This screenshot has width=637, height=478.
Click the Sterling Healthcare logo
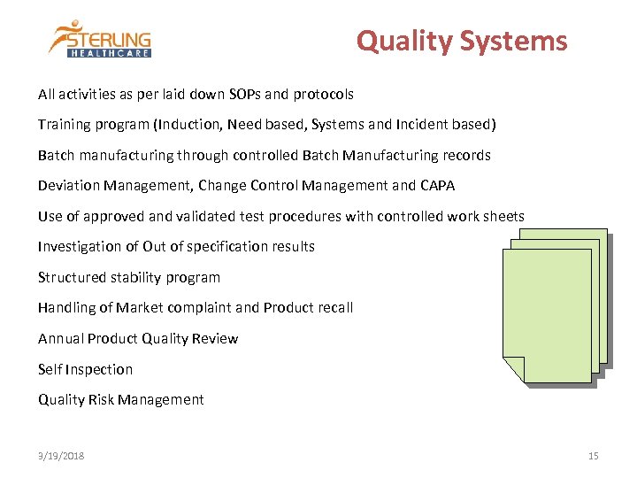(x=100, y=39)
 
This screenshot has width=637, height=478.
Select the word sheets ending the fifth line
(x=503, y=216)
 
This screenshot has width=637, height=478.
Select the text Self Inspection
(x=85, y=369)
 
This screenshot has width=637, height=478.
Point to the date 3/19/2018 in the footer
(x=61, y=456)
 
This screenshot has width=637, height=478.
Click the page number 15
(x=593, y=456)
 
